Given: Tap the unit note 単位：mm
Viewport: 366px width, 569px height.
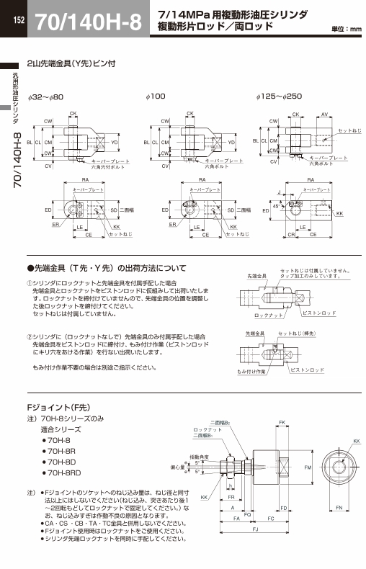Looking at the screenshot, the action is [x=346, y=30].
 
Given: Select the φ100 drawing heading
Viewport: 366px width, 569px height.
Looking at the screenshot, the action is [x=156, y=96].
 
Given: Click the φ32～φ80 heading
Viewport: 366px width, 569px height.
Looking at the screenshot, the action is [x=46, y=96].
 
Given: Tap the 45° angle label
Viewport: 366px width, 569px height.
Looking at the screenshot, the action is [x=277, y=205].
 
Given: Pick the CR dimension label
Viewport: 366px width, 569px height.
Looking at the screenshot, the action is [x=292, y=235].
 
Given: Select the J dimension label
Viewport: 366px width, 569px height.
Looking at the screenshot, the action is [x=279, y=192].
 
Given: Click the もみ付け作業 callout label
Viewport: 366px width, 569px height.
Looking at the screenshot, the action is [x=251, y=371].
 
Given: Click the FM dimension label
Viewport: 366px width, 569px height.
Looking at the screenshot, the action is [x=308, y=468].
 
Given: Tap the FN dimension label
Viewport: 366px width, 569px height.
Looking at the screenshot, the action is [x=339, y=508].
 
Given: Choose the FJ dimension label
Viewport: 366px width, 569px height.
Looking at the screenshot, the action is [x=256, y=529].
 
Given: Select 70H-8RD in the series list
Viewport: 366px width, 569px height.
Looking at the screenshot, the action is [x=63, y=472].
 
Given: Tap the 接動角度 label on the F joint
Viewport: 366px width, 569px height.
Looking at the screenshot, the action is [x=199, y=457].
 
